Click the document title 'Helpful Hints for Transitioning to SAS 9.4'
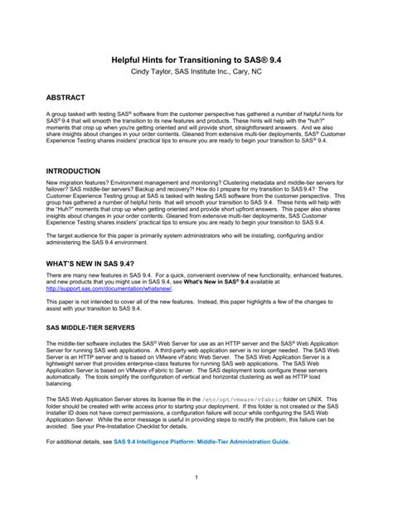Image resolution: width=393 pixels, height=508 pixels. pos(196,60)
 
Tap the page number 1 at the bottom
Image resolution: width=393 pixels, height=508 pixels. pos(196,477)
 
